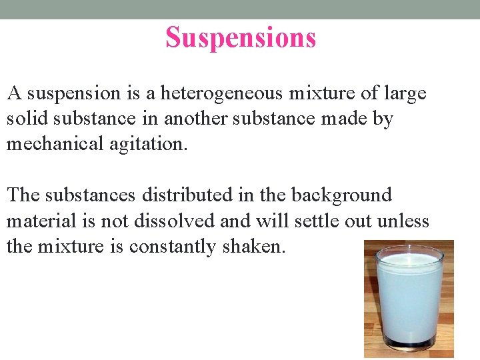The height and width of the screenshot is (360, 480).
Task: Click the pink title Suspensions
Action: pos(241,38)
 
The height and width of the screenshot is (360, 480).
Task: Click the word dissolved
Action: pos(193,221)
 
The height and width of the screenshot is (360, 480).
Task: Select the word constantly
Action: pos(174,246)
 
